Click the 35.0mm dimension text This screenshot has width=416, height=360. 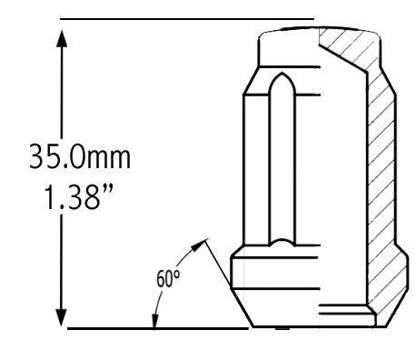point(80,156)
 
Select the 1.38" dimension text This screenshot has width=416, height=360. point(79,197)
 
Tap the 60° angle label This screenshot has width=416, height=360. point(168,279)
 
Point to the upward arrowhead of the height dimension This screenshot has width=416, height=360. point(62,38)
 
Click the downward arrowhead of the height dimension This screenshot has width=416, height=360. point(62,317)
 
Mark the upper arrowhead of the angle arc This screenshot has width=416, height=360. point(198,245)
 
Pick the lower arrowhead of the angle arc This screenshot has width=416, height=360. point(155,321)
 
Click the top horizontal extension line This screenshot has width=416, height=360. point(187,19)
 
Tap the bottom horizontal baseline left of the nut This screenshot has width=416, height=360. point(158,328)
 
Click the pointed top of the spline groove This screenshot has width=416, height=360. point(282,74)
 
